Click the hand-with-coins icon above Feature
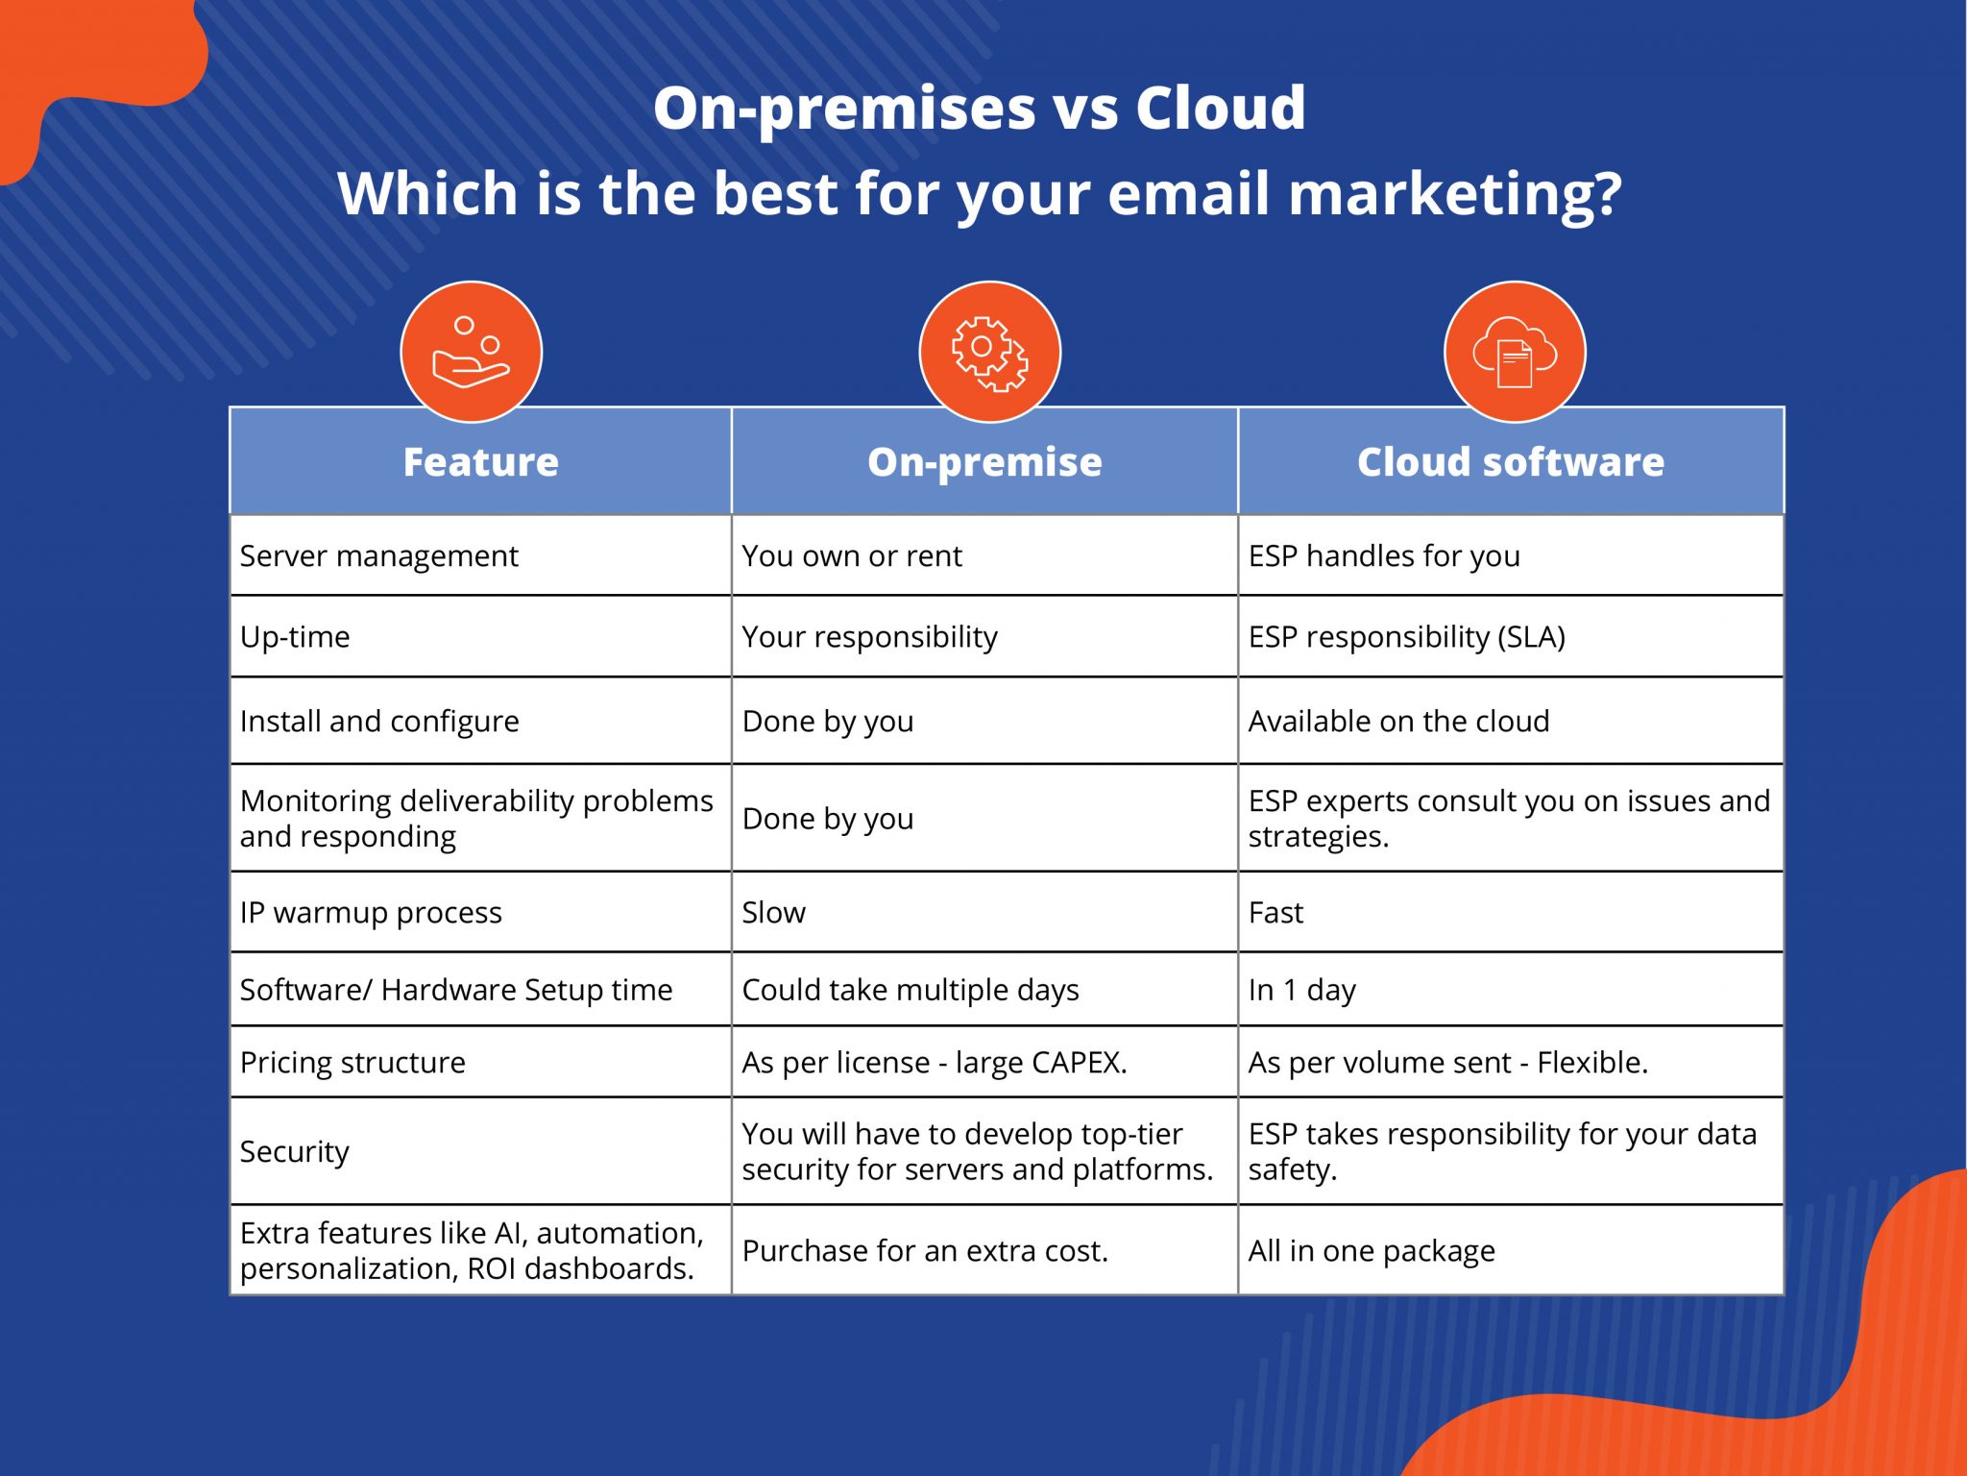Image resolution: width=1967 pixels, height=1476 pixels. [471, 352]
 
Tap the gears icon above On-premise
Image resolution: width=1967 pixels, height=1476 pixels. [989, 352]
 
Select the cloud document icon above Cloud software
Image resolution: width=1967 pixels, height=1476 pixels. [1515, 352]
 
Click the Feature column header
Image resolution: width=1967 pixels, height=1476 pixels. [480, 462]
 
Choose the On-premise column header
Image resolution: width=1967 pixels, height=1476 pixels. [984, 462]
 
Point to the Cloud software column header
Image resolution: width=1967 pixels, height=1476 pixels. [1511, 462]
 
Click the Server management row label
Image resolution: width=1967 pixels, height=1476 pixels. [379, 556]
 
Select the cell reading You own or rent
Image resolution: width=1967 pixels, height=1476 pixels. [852, 556]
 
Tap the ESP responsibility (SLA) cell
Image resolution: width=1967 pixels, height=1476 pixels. [1407, 637]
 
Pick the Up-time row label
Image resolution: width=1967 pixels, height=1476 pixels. [295, 637]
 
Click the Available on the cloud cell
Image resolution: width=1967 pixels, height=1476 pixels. [1398, 722]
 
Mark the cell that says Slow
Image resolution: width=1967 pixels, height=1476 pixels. [774, 913]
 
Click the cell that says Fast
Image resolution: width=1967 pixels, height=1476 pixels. [1275, 913]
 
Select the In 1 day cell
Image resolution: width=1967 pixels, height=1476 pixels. [1301, 990]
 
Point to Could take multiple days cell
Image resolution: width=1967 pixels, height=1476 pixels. [911, 990]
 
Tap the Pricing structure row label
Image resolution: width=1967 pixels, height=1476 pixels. [352, 1063]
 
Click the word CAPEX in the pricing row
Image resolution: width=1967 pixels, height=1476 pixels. [1078, 1063]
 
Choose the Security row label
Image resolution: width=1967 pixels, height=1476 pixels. [295, 1151]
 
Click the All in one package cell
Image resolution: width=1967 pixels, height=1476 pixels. [1372, 1251]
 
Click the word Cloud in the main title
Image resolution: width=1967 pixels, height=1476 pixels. [1220, 108]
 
